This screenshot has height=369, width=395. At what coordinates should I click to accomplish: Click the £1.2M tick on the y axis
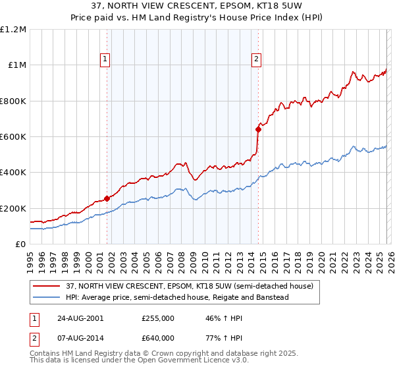13,30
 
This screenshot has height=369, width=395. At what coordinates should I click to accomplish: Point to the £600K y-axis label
13,137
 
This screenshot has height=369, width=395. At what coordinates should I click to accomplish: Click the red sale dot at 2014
258,130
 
